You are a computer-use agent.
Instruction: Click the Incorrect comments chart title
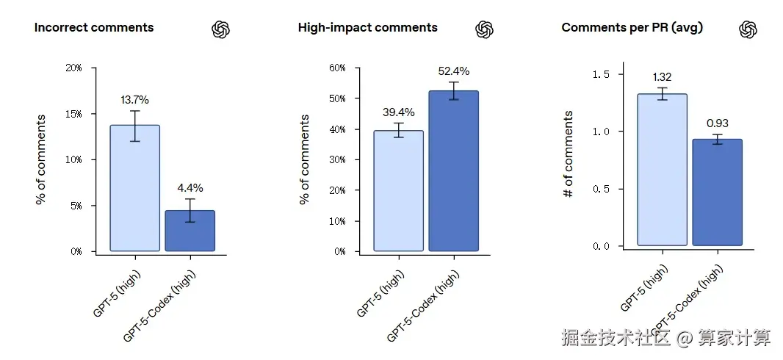click(94, 28)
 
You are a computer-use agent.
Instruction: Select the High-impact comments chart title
click(367, 28)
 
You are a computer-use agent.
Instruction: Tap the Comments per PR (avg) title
click(632, 28)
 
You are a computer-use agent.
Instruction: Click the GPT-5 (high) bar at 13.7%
click(134, 188)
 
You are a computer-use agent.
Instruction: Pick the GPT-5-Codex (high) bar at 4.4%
click(190, 231)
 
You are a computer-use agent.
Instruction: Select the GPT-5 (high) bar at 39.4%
click(398, 191)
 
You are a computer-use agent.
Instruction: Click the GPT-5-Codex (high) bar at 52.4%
click(453, 171)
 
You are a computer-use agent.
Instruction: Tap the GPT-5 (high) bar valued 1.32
click(662, 170)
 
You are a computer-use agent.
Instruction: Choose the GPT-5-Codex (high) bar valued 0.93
click(717, 192)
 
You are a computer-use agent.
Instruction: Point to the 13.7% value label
click(135, 100)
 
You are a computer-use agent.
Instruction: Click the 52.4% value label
click(453, 71)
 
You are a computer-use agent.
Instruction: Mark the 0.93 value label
click(717, 123)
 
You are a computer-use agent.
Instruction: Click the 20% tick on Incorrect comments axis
click(74, 68)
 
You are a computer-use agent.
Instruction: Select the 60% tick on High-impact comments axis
click(337, 68)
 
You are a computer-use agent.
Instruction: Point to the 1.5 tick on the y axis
click(601, 74)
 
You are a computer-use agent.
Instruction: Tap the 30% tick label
click(337, 159)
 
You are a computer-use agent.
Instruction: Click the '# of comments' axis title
click(568, 154)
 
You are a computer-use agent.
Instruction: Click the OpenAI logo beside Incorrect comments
click(221, 29)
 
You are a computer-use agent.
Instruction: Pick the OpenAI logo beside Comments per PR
click(748, 29)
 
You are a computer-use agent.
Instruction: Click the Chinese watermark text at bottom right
click(666, 338)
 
